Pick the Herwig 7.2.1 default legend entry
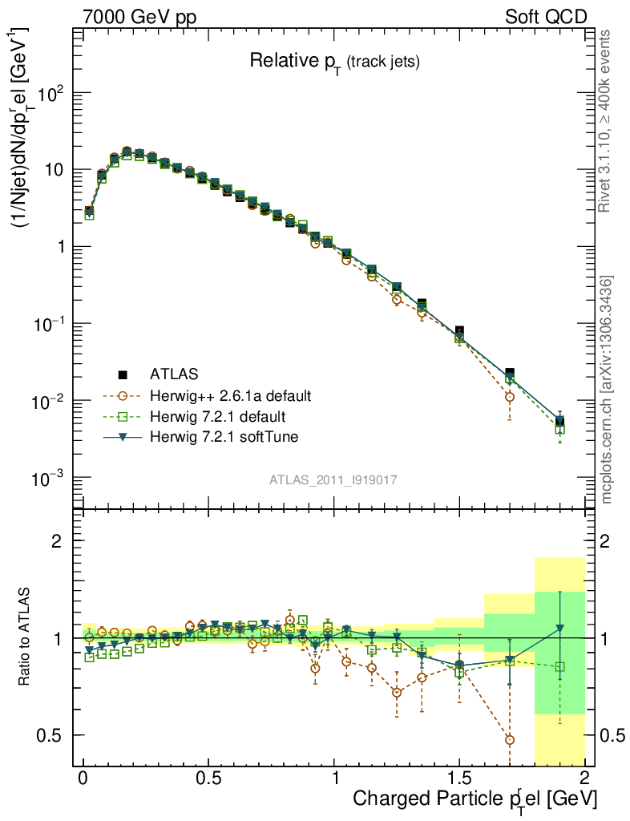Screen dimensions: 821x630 tap(218, 417)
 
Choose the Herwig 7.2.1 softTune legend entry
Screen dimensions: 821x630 tap(224, 438)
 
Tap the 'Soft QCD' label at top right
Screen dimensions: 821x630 tap(545, 17)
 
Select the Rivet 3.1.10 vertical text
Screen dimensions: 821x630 tap(606, 120)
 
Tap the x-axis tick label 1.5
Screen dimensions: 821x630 tap(459, 779)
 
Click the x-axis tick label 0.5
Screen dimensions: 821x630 tap(208, 779)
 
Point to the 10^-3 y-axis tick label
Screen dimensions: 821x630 tap(50, 479)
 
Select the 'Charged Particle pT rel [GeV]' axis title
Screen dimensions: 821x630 tap(475, 799)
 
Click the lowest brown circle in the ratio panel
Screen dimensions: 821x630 tap(510, 739)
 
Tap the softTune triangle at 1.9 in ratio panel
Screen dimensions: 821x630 tap(559, 628)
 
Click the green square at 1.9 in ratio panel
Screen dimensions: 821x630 tap(559, 666)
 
